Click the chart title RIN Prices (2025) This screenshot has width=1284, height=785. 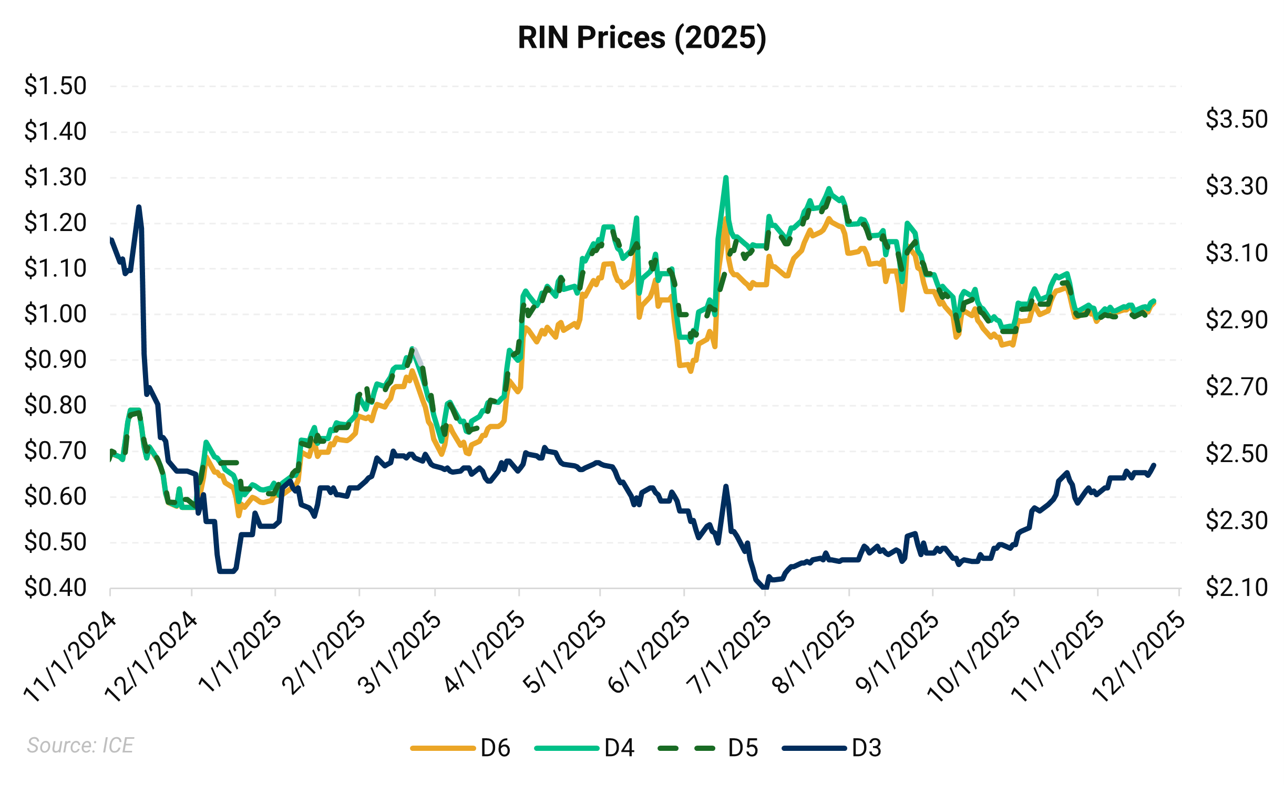(642, 38)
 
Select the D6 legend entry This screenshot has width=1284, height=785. (460, 748)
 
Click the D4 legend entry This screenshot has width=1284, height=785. (584, 748)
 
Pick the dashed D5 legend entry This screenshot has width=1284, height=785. (708, 748)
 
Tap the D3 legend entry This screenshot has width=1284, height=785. (831, 748)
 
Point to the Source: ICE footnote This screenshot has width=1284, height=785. (80, 745)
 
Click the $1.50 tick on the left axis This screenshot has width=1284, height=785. (55, 86)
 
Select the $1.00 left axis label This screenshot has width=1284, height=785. (55, 314)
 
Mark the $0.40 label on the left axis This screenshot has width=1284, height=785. (55, 588)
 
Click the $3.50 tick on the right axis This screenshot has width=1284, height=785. (1236, 119)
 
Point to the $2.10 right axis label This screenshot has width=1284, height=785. (1236, 588)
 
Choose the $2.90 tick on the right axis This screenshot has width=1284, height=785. (1236, 320)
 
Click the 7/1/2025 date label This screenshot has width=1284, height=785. (729, 654)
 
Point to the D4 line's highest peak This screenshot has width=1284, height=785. (726, 177)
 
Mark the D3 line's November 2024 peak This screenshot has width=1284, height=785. (139, 206)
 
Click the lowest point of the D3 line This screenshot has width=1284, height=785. (765, 588)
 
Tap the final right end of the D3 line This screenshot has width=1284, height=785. (1154, 465)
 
